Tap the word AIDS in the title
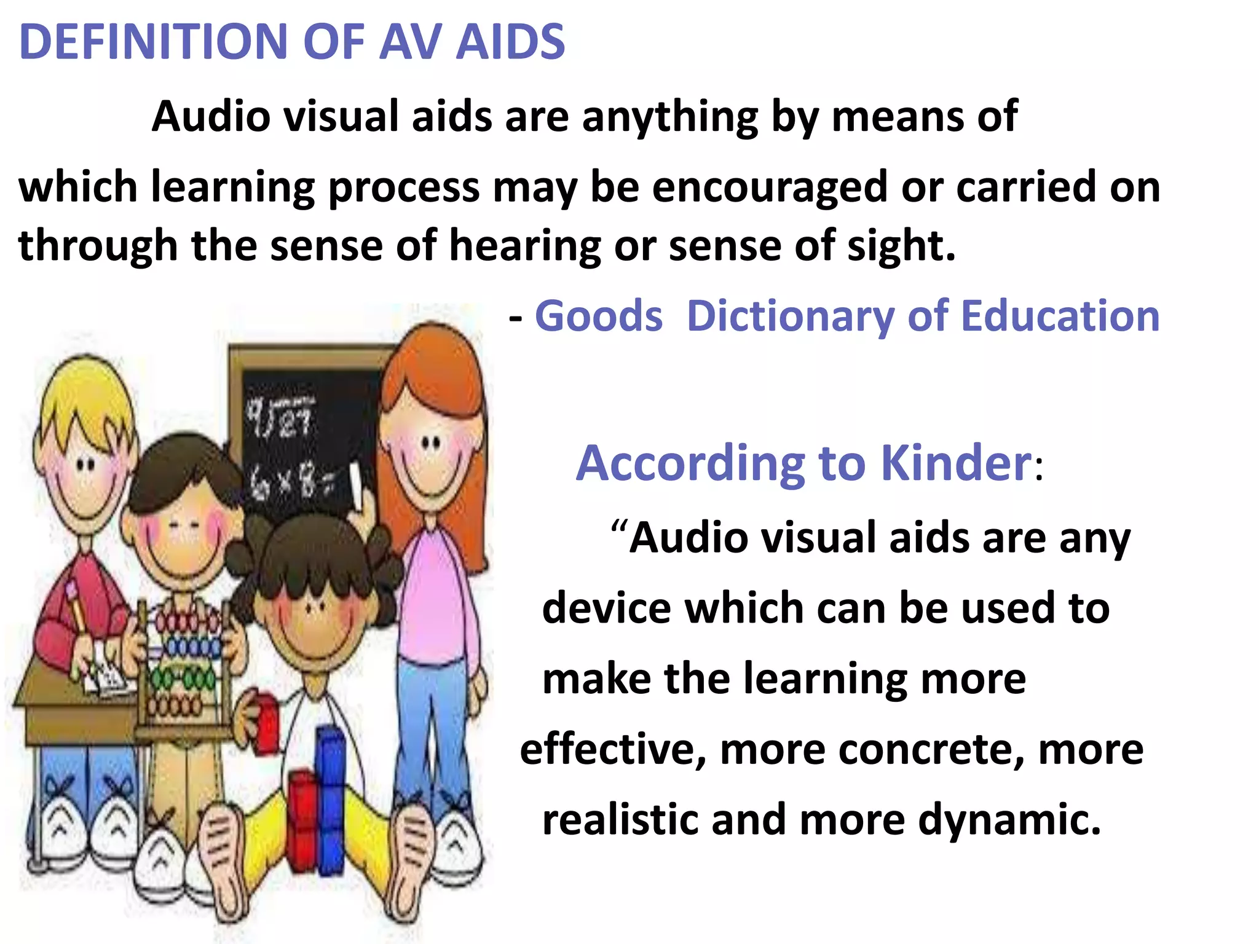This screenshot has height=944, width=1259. coord(510,42)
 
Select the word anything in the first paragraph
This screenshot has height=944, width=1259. coord(670,117)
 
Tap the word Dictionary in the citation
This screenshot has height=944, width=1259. coord(790,317)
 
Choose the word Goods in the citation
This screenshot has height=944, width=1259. coord(599,317)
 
